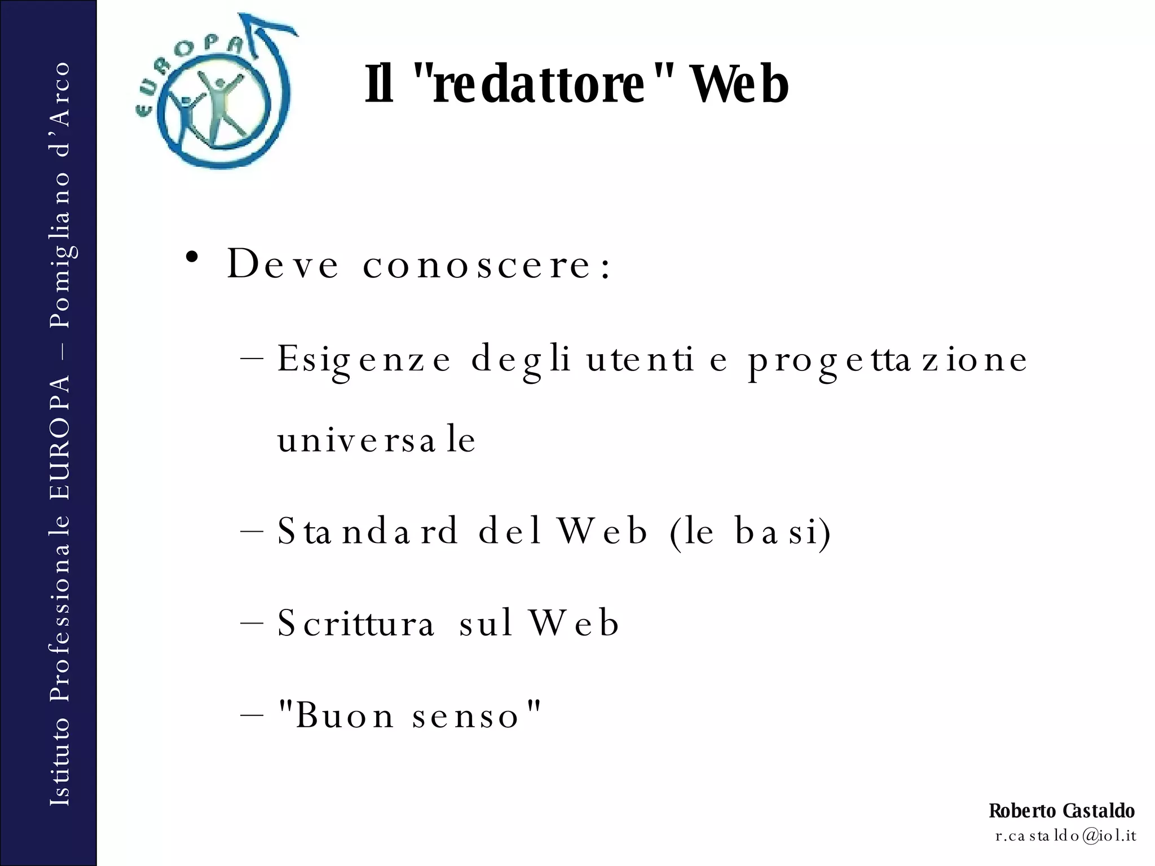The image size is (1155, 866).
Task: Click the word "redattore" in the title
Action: (x=539, y=85)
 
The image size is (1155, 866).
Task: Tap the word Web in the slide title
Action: (x=739, y=85)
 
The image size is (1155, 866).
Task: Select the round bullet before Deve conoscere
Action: (x=192, y=257)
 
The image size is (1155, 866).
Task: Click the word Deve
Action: (x=283, y=264)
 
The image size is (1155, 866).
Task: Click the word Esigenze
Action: (x=364, y=360)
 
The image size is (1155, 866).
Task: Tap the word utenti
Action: (x=640, y=360)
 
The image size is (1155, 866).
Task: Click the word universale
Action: (x=377, y=440)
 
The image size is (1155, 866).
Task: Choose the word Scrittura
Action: (x=356, y=623)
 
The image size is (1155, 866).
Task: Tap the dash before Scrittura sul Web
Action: (x=252, y=624)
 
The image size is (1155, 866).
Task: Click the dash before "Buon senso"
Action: (x=252, y=715)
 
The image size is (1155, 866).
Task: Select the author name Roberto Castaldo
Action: (x=1061, y=811)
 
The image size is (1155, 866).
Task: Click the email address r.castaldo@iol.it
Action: (x=1065, y=836)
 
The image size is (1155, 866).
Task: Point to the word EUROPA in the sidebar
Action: (x=60, y=438)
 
